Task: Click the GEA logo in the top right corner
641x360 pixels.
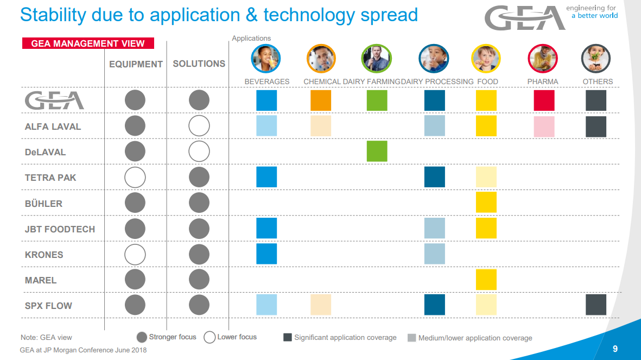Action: click(x=524, y=18)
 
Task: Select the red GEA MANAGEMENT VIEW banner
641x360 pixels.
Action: click(x=88, y=43)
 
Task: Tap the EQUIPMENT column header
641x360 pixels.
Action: click(x=136, y=64)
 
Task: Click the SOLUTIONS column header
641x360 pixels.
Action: click(x=199, y=64)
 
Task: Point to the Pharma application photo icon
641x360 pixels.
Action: click(x=543, y=59)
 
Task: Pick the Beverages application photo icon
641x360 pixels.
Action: click(x=266, y=59)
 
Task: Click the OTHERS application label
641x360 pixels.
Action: click(x=598, y=81)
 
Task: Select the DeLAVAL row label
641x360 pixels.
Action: click(x=45, y=152)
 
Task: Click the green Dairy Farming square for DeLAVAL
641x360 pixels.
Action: click(x=377, y=151)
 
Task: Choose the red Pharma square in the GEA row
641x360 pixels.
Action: click(x=544, y=100)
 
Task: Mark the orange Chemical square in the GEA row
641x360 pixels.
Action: click(x=321, y=100)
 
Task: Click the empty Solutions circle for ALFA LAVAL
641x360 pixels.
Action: click(x=199, y=126)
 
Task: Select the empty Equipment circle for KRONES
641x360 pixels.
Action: click(x=135, y=254)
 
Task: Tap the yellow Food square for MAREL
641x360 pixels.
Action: click(x=486, y=280)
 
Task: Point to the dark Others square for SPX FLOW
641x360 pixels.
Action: click(x=596, y=305)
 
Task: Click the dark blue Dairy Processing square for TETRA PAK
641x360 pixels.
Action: click(x=434, y=177)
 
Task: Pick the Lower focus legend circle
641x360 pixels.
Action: click(x=210, y=337)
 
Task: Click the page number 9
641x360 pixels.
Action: click(x=615, y=349)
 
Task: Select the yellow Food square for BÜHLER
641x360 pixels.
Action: click(x=486, y=203)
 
